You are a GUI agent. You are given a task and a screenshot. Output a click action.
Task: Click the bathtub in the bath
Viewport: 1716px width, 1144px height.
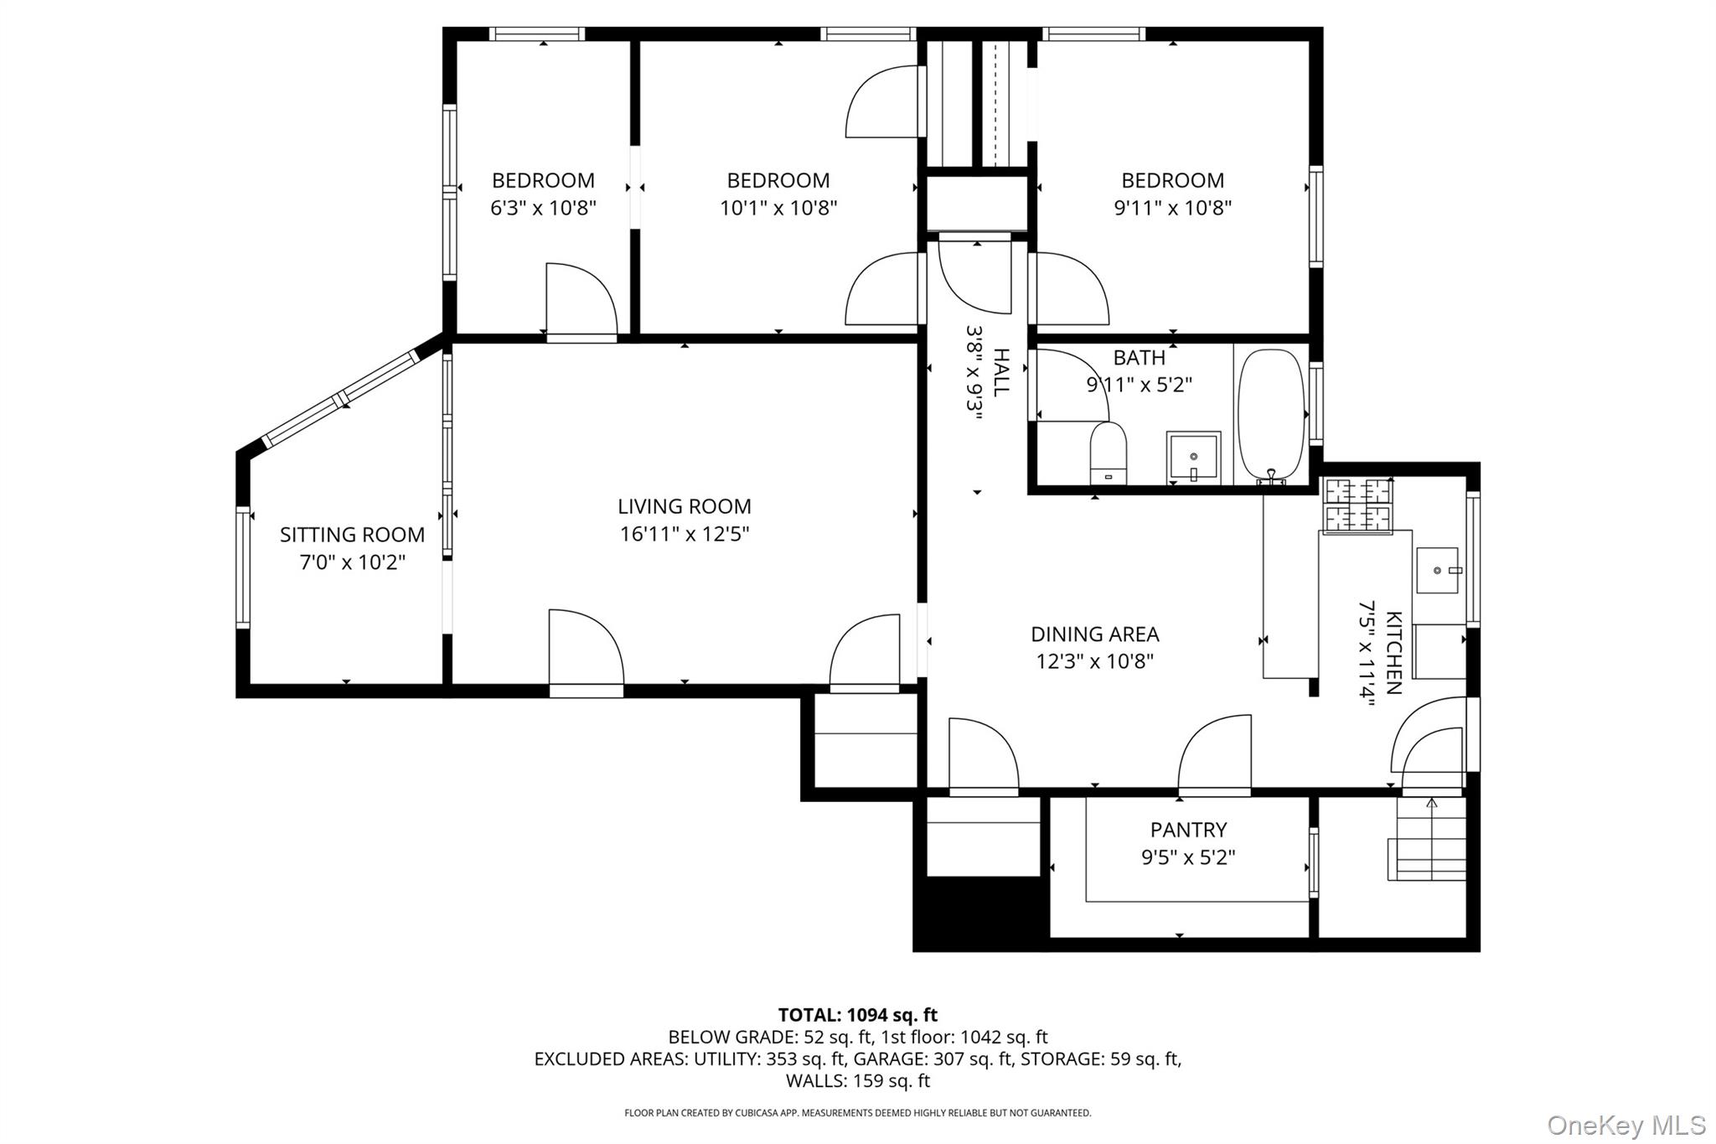[x=1271, y=415]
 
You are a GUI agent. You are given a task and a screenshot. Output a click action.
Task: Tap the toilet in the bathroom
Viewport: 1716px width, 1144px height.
[x=1108, y=453]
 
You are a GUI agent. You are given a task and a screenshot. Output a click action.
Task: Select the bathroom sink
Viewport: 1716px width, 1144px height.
[x=1193, y=458]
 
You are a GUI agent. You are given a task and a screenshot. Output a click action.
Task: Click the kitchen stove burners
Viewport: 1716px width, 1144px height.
[x=1357, y=505]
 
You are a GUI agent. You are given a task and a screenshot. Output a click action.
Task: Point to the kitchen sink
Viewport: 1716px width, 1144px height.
[x=1437, y=571]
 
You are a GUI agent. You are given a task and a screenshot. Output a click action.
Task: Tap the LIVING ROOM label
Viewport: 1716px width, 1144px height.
[x=684, y=506]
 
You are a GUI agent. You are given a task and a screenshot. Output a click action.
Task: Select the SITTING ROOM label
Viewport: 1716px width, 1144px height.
[x=352, y=535]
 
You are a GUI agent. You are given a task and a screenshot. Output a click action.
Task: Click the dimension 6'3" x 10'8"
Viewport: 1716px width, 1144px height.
[x=543, y=207]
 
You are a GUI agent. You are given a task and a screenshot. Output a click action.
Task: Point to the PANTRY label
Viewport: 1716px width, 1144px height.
[x=1188, y=830]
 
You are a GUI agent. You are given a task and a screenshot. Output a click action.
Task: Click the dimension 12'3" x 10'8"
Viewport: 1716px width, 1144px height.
[x=1094, y=661]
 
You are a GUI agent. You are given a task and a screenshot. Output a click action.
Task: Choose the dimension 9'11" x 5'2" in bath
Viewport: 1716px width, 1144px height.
[x=1139, y=385]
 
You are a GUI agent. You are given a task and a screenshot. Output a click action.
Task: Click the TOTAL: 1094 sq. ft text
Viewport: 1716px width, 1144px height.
[x=857, y=1015]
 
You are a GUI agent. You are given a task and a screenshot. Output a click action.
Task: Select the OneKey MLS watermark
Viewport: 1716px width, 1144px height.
[x=1626, y=1124]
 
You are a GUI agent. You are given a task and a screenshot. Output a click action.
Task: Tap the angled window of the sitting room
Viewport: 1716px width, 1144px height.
[x=341, y=398]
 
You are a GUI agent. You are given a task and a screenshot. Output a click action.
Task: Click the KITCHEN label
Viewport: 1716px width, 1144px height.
[x=1393, y=652]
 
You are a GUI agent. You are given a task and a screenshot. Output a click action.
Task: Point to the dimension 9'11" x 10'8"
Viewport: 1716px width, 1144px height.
[x=1171, y=207]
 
